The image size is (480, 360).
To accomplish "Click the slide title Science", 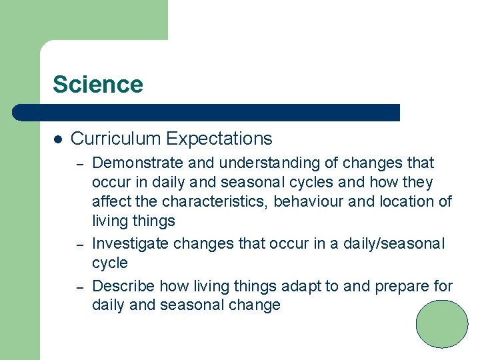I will pyautogui.click(x=97, y=85).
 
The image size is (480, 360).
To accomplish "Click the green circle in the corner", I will pyautogui.click(x=442, y=324).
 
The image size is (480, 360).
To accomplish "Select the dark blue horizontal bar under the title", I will pyautogui.click(x=207, y=113).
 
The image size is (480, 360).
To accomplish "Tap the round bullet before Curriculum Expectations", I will pyautogui.click(x=57, y=139).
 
